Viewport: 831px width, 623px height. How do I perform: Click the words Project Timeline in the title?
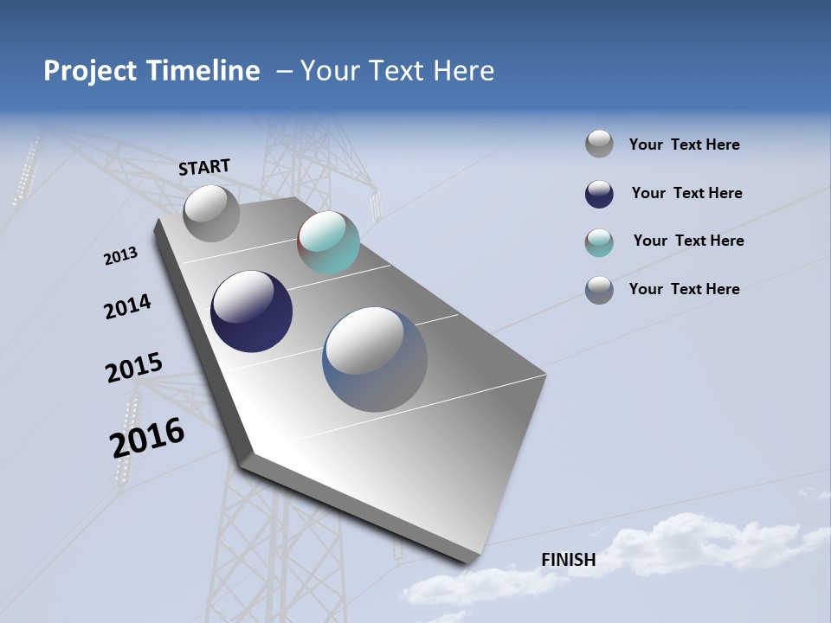pos(151,71)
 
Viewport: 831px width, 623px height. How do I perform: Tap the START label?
pos(204,167)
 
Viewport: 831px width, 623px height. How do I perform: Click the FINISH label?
pos(569,560)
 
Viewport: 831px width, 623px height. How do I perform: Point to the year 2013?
pos(120,256)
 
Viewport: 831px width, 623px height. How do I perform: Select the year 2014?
pos(127,306)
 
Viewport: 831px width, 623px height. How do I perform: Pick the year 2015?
pos(134,368)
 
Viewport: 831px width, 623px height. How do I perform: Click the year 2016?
pos(147,437)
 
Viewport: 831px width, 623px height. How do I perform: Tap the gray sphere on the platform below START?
pos(211,213)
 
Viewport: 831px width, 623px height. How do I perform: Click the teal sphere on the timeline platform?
pos(328,242)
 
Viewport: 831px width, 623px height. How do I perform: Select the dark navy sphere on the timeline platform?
pos(251,311)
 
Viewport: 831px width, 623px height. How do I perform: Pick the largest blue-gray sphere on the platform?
pos(375,359)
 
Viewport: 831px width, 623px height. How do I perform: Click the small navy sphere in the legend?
pos(599,194)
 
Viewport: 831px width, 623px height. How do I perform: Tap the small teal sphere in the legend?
pos(599,242)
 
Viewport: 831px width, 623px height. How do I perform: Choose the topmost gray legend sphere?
pos(599,144)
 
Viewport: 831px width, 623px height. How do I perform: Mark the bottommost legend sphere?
pos(599,290)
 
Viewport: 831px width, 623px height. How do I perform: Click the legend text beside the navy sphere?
pos(686,193)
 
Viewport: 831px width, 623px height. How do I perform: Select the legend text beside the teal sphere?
pos(688,241)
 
